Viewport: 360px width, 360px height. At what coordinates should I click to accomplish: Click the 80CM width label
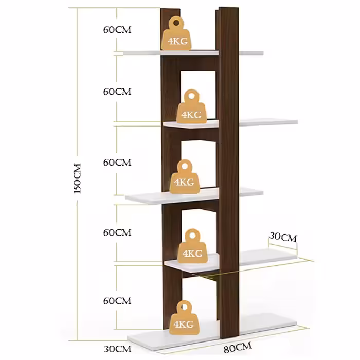237,348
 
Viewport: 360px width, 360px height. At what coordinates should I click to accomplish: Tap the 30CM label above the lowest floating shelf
283,237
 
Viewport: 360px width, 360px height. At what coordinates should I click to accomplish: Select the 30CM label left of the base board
117,349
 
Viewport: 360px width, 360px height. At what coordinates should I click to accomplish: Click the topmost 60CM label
117,29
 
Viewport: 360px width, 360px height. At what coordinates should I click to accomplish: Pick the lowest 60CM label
117,300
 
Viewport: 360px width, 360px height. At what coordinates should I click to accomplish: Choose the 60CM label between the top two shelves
117,92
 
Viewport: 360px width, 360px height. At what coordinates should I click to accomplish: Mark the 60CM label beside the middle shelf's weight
117,162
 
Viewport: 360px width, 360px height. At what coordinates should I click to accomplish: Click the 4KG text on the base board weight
184,324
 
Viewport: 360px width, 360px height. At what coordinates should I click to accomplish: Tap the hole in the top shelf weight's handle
175,23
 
